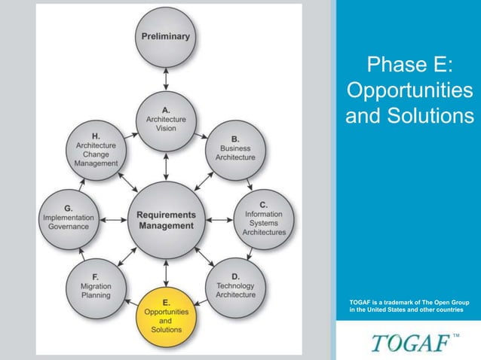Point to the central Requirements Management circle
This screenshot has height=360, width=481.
pyautogui.click(x=166, y=219)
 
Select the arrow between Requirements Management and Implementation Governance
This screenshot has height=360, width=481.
pyautogui.click(x=112, y=219)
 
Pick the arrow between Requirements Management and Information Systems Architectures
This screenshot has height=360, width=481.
pyautogui.click(x=219, y=219)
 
